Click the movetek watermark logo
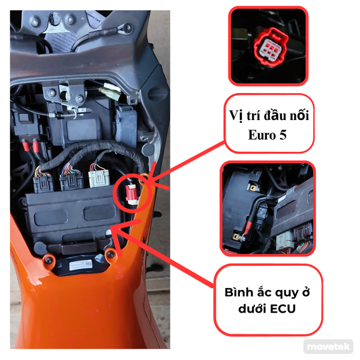point(328,347)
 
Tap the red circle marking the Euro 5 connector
point(131,192)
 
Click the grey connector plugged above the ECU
point(98,178)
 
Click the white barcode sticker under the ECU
point(79,264)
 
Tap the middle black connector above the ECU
point(70,178)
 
